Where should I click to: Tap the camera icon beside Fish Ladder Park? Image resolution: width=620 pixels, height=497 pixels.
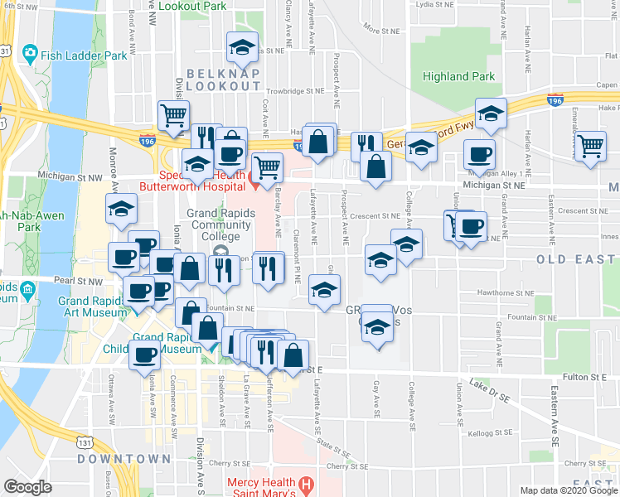coord(31,53)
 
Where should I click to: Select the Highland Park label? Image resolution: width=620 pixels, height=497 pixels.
coord(458,76)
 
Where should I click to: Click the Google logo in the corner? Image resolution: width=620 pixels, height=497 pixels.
coord(27,486)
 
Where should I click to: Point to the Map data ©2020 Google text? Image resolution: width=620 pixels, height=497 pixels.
coord(568,490)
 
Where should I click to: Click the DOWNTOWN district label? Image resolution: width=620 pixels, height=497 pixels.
coord(124,458)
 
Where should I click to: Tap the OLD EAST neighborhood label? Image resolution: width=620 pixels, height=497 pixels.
coord(577,259)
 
